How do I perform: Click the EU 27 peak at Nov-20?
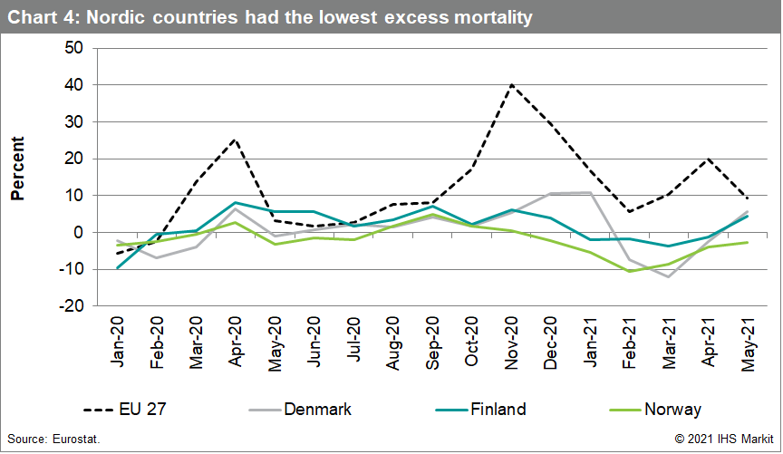click(512, 84)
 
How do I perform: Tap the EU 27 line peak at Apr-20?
click(235, 140)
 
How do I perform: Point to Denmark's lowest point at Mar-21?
click(669, 276)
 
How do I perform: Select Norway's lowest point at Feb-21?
click(630, 271)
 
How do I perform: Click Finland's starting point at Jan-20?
click(118, 267)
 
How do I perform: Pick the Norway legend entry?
click(672, 410)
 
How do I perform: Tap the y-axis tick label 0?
click(79, 232)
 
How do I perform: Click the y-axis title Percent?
click(17, 169)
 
